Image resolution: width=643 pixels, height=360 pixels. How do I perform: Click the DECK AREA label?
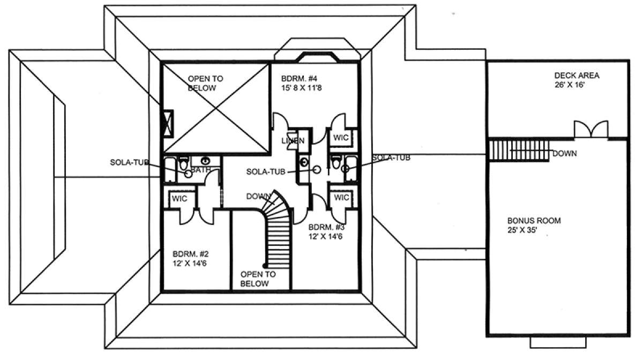577,76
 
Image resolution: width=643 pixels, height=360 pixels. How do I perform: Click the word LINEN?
294,141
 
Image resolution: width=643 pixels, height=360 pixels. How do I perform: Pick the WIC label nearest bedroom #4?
341,138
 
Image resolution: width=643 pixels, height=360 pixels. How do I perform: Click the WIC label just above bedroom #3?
341,198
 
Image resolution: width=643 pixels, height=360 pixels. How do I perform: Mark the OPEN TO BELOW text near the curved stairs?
258,279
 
